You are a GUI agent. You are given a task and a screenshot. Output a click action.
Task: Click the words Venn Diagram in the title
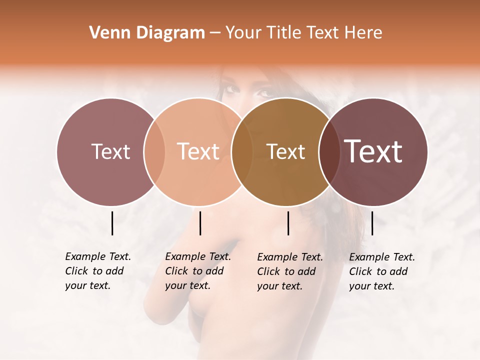click(147, 33)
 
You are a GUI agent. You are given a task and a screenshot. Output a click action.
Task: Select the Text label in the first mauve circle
click(110, 151)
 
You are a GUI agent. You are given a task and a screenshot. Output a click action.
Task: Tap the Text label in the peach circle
click(198, 151)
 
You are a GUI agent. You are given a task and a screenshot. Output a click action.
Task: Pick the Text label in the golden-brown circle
click(285, 151)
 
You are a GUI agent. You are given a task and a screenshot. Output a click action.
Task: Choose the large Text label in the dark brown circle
click(373, 151)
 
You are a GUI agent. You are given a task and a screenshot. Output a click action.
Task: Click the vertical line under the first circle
click(112, 223)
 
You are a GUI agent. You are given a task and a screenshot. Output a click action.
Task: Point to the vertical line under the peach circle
click(200, 223)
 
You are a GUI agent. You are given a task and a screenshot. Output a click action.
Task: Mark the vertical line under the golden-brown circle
click(288, 223)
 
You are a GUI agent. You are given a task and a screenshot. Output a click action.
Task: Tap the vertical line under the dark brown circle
click(372, 223)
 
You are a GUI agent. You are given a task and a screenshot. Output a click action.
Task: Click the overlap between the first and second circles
click(154, 151)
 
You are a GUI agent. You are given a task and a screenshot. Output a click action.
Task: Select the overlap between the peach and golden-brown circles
click(242, 151)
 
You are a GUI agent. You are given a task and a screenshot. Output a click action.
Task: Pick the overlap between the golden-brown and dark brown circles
click(328, 151)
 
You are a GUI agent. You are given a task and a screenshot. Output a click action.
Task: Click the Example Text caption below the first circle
click(97, 271)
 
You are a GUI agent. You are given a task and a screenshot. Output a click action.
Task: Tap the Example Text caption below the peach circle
click(197, 271)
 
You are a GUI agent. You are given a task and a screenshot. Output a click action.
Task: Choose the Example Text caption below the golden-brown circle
click(289, 271)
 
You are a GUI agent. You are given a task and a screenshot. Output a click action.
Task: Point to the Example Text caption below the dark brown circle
click(381, 271)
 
